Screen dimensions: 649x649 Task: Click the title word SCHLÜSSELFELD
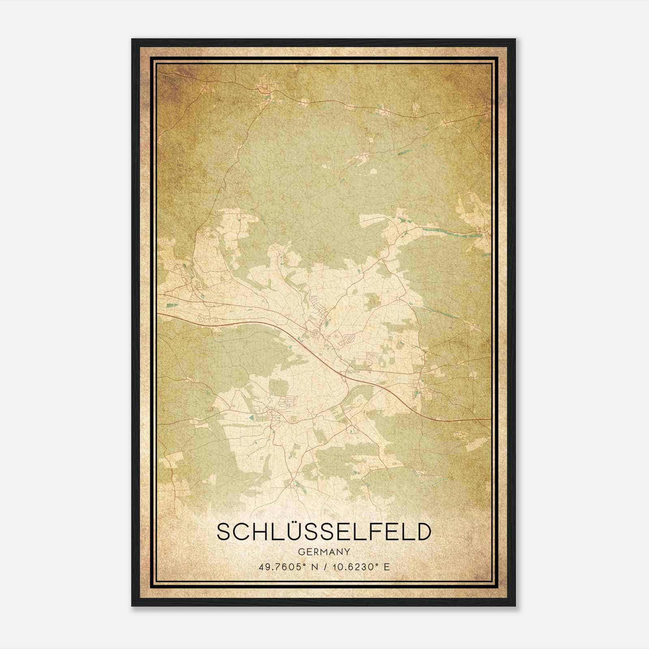323,532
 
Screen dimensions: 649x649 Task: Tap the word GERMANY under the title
324,552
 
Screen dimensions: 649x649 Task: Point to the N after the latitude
314,567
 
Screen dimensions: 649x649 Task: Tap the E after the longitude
387,567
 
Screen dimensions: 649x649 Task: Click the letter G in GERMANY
301,552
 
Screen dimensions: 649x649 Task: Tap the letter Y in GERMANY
348,552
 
